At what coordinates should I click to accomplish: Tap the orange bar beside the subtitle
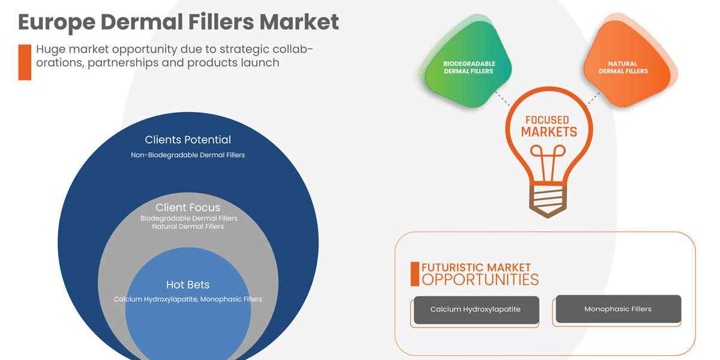click(x=25, y=62)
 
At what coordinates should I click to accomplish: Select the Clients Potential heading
click(x=188, y=140)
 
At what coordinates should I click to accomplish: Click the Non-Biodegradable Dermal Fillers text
click(x=188, y=155)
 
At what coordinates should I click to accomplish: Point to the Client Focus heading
click(x=188, y=208)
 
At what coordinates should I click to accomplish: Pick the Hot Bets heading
click(x=188, y=284)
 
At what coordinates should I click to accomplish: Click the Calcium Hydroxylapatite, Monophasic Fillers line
click(x=188, y=299)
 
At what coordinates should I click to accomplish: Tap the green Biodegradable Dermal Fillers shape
click(x=469, y=67)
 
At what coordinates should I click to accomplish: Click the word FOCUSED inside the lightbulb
click(x=547, y=120)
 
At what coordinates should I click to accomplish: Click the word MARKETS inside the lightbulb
click(x=548, y=132)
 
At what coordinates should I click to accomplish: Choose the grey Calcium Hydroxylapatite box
click(x=476, y=310)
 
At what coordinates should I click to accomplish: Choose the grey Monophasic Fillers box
click(x=618, y=309)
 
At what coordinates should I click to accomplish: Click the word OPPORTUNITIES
click(x=480, y=280)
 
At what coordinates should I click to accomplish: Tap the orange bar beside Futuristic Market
click(x=415, y=274)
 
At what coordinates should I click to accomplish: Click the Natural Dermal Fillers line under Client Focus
click(x=188, y=227)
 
